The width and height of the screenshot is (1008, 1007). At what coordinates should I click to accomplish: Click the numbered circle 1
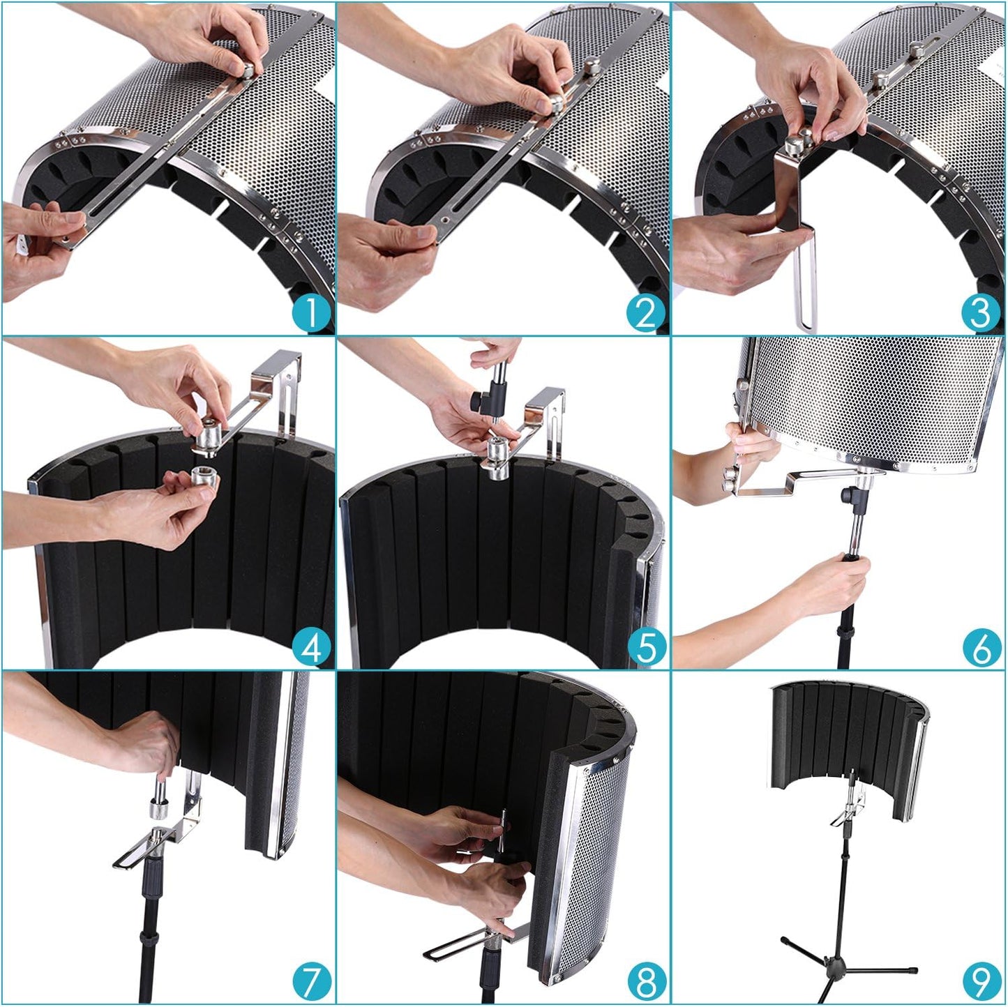[x=310, y=313]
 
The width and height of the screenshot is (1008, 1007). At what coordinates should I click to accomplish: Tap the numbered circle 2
[x=645, y=313]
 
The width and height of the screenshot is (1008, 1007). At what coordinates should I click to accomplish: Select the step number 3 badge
[x=980, y=313]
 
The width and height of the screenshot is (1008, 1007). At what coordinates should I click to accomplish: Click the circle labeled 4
[x=310, y=648]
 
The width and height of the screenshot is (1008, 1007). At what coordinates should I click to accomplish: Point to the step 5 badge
[x=645, y=648]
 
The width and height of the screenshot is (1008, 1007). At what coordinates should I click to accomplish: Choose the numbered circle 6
[x=980, y=648]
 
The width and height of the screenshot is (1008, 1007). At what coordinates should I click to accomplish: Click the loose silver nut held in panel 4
[x=203, y=481]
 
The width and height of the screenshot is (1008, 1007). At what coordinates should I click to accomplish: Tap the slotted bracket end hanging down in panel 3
[x=807, y=286]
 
